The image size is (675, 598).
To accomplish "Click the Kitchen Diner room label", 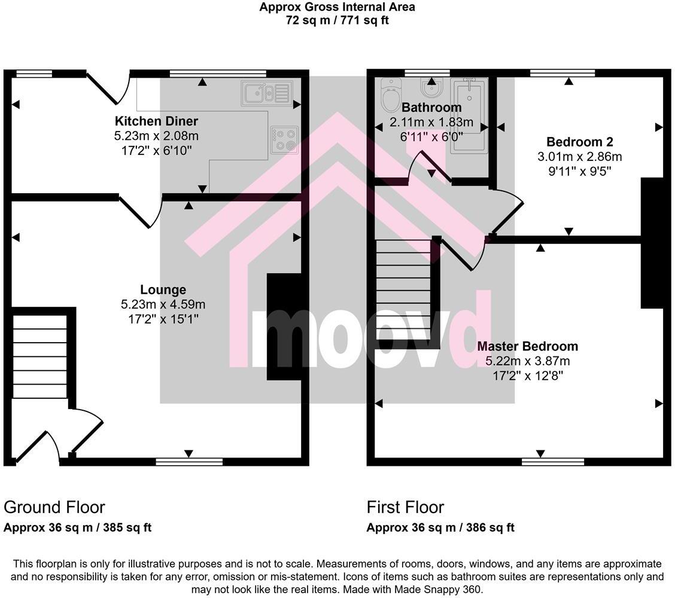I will tap(156, 121).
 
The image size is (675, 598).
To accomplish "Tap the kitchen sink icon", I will tap(267, 93).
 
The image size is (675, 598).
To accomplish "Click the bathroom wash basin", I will tap(431, 90).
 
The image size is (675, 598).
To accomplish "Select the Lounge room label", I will tap(163, 290).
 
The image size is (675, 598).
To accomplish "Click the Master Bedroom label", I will tap(527, 346).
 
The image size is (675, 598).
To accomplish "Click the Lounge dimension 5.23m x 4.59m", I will tap(163, 304).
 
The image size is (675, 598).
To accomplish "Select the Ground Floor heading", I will tap(54, 507).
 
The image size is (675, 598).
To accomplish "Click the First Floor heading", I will tap(405, 507).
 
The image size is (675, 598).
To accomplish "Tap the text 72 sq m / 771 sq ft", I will tap(337, 20).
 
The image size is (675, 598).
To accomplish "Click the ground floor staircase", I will tap(40, 356).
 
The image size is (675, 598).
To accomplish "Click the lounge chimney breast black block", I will tap(284, 326).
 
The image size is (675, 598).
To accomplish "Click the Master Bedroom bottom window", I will tap(552, 461).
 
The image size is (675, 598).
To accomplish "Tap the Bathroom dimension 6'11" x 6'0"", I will tap(431, 136).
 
